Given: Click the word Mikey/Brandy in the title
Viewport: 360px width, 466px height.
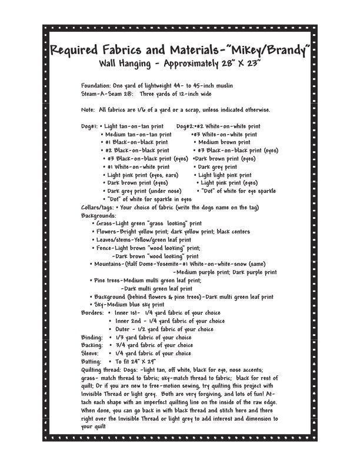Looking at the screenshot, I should click(x=269, y=51).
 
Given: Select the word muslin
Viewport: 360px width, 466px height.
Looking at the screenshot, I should click(x=222, y=85).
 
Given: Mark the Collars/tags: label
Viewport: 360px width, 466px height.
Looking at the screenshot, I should click(x=96, y=208).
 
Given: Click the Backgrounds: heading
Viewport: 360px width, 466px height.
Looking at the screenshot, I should click(x=98, y=215).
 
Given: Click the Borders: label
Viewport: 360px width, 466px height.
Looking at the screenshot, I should click(x=92, y=313).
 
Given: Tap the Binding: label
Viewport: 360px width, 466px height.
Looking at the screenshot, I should click(x=92, y=338).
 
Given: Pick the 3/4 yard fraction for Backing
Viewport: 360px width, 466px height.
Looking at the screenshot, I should click(x=121, y=345).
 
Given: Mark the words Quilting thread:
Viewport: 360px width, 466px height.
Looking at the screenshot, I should click(x=101, y=370).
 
